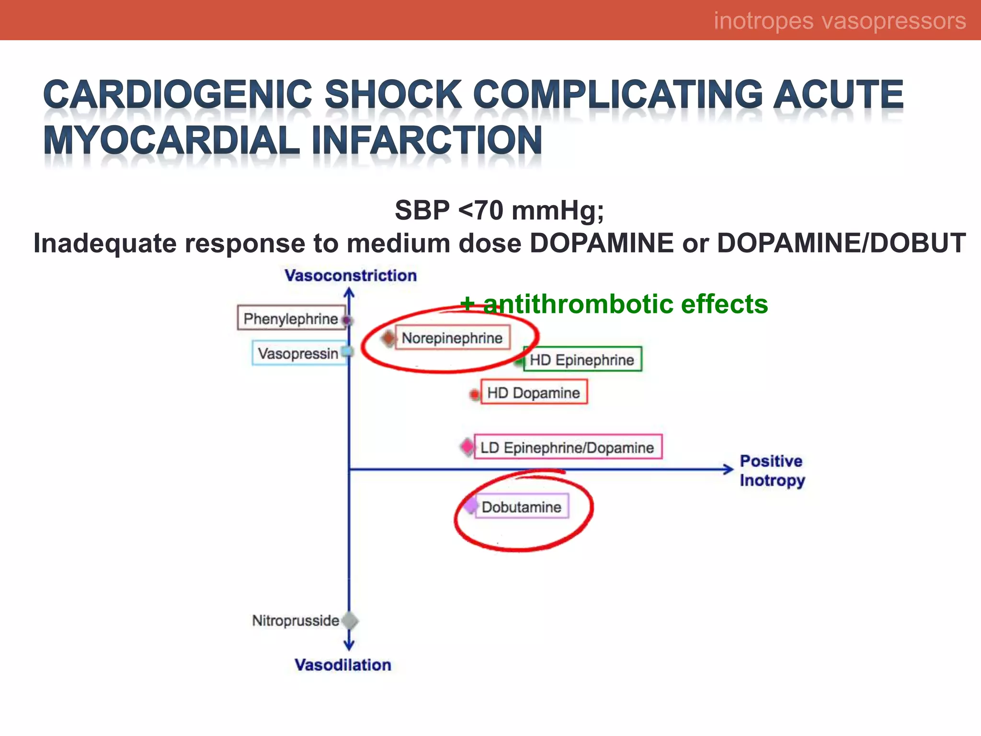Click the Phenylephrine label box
pos(291,318)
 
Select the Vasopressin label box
pos(299,354)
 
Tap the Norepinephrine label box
pos(452,338)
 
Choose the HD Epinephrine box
pos(582,359)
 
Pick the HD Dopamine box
pos(534,392)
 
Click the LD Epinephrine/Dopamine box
pos(568,447)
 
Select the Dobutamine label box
pos(522,506)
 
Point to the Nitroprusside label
pos(296,621)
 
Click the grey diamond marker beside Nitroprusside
pos(351,621)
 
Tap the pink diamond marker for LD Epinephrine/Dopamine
pos(467,447)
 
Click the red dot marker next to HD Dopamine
pos(474,394)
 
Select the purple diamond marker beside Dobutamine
pos(471,505)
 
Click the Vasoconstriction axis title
pos(351,276)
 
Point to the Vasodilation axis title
pos(343,665)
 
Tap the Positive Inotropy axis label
pos(772,471)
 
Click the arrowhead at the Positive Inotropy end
pos(728,469)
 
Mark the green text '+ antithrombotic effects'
pos(614,304)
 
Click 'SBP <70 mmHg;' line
pos(499,210)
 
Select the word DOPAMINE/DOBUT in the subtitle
pos(841,243)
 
